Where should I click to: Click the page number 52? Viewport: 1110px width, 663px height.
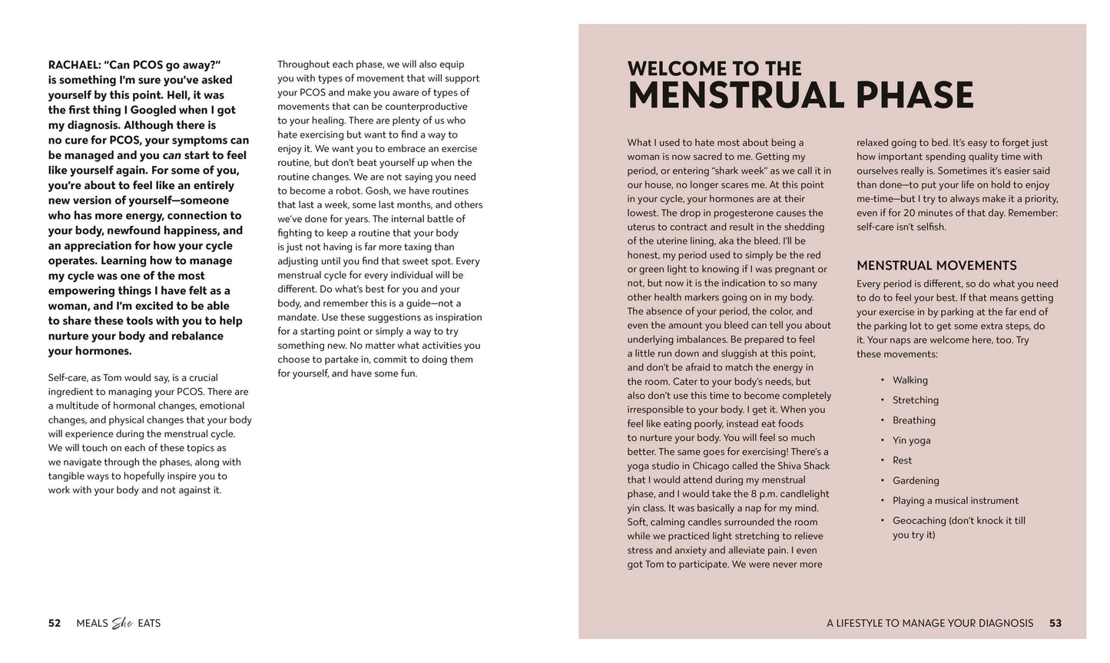[55, 623]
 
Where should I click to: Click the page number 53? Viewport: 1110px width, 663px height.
[1055, 623]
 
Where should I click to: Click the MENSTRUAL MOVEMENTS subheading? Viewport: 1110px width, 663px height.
[936, 266]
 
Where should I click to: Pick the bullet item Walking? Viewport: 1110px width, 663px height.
[910, 380]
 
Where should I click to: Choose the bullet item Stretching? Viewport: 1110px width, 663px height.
[915, 400]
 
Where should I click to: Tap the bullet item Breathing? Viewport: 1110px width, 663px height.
[913, 420]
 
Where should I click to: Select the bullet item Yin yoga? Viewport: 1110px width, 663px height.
[911, 440]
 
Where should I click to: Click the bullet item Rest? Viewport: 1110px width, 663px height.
[902, 460]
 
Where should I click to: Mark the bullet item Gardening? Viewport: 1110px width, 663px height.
[916, 480]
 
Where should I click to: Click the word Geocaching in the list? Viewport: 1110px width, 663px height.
[919, 520]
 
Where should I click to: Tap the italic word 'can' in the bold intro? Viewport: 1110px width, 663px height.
[171, 155]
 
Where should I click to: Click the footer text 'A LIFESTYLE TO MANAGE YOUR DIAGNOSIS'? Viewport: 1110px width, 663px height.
[929, 623]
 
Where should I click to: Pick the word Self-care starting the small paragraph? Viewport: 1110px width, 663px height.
[68, 377]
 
